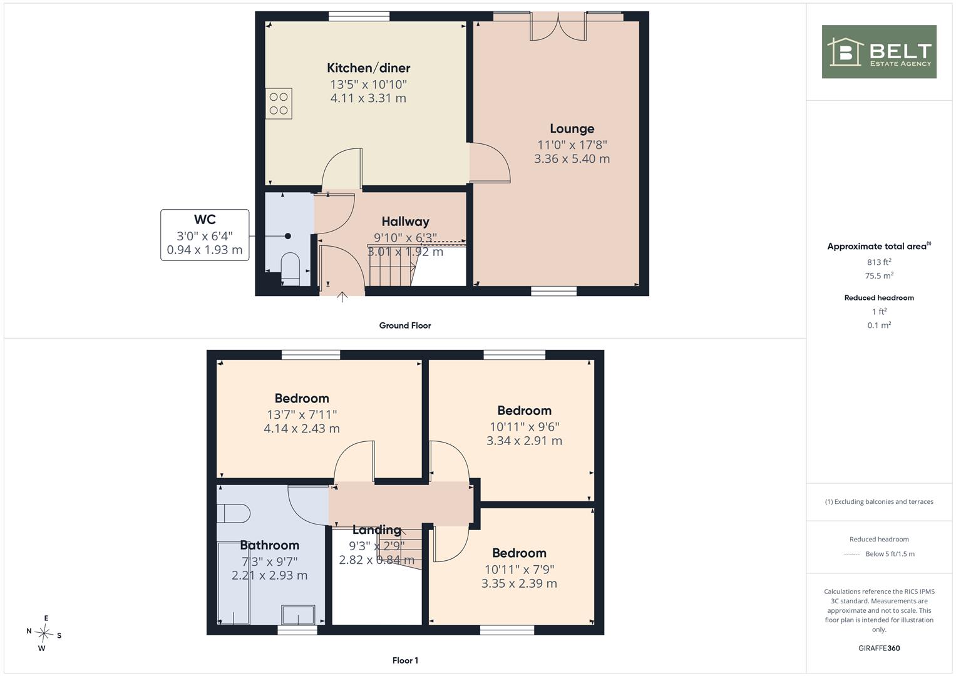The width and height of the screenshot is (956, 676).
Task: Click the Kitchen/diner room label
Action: (x=368, y=68)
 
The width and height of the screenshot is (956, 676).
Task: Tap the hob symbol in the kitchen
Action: (x=278, y=103)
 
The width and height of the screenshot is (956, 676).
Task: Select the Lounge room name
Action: (x=572, y=128)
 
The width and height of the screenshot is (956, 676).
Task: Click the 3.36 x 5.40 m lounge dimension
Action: (x=572, y=159)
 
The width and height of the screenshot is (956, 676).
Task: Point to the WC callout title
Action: (x=205, y=219)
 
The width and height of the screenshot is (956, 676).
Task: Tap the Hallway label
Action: (x=405, y=222)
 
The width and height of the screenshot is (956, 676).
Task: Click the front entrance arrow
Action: (x=342, y=297)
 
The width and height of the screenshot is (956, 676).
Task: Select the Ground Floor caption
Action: (x=405, y=325)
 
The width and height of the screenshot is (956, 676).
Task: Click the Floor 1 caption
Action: (x=405, y=660)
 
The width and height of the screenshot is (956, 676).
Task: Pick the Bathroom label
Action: (x=269, y=545)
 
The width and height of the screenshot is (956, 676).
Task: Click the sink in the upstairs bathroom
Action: (x=298, y=615)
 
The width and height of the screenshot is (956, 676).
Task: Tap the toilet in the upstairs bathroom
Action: (x=233, y=514)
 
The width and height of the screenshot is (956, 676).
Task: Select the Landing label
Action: (x=376, y=530)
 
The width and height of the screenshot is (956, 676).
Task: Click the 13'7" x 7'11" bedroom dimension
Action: (x=302, y=414)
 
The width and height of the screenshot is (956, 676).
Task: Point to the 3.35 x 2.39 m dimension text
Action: (x=519, y=583)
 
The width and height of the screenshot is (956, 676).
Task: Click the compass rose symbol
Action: (x=44, y=633)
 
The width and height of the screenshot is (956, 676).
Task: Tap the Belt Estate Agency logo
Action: (x=879, y=51)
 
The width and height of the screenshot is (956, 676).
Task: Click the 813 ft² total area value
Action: (x=879, y=262)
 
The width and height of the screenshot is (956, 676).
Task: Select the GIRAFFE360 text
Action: (x=879, y=648)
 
